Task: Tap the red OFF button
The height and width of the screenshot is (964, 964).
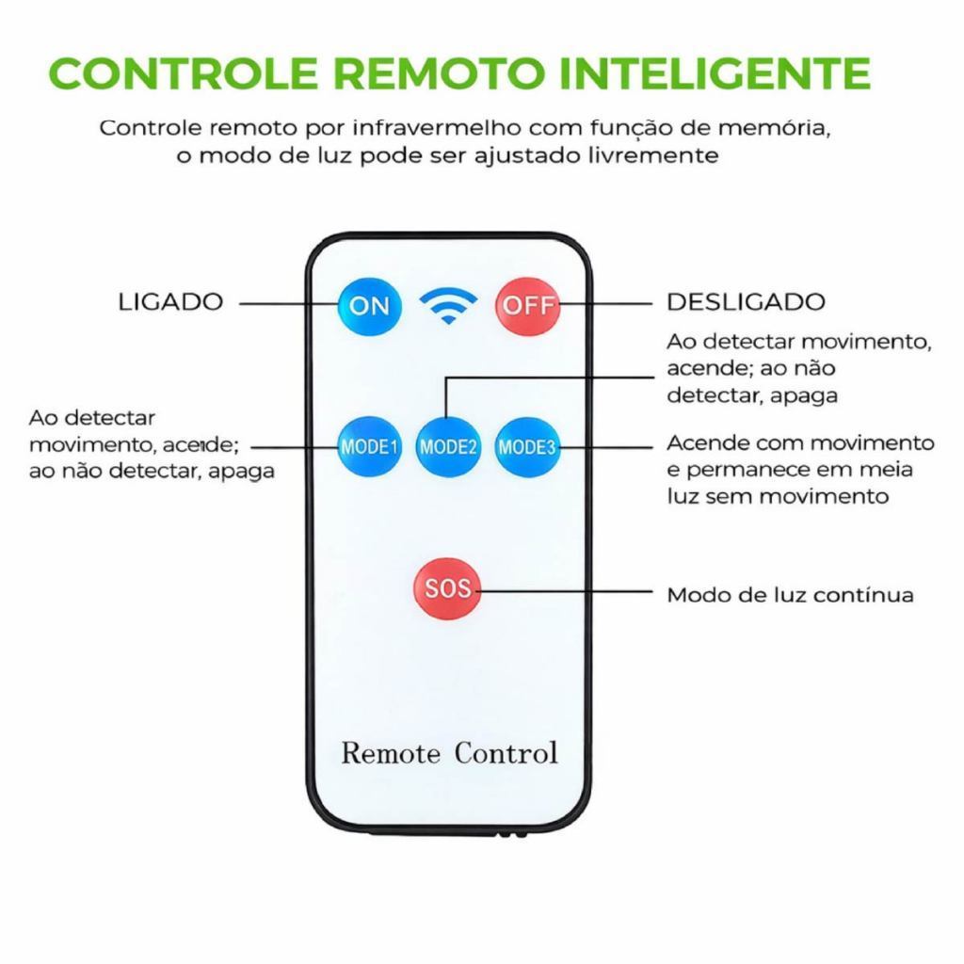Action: tap(527, 306)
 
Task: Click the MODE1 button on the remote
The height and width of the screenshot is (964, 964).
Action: tap(370, 446)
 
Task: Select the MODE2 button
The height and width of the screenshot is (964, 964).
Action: tap(448, 446)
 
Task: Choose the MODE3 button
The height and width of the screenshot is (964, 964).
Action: tap(527, 446)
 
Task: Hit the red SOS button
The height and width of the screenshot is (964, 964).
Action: tap(446, 589)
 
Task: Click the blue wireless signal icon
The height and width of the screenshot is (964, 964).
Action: tap(448, 305)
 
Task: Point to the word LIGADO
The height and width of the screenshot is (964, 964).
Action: tap(170, 302)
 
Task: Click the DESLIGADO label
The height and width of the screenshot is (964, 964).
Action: tap(746, 302)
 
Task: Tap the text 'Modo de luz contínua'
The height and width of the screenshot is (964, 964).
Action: tap(790, 595)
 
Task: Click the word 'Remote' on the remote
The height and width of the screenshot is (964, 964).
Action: tap(391, 753)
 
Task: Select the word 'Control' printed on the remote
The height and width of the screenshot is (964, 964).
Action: tap(506, 753)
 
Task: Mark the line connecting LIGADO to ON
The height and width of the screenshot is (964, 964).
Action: tap(287, 303)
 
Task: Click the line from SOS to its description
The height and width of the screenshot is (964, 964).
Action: tap(565, 591)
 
